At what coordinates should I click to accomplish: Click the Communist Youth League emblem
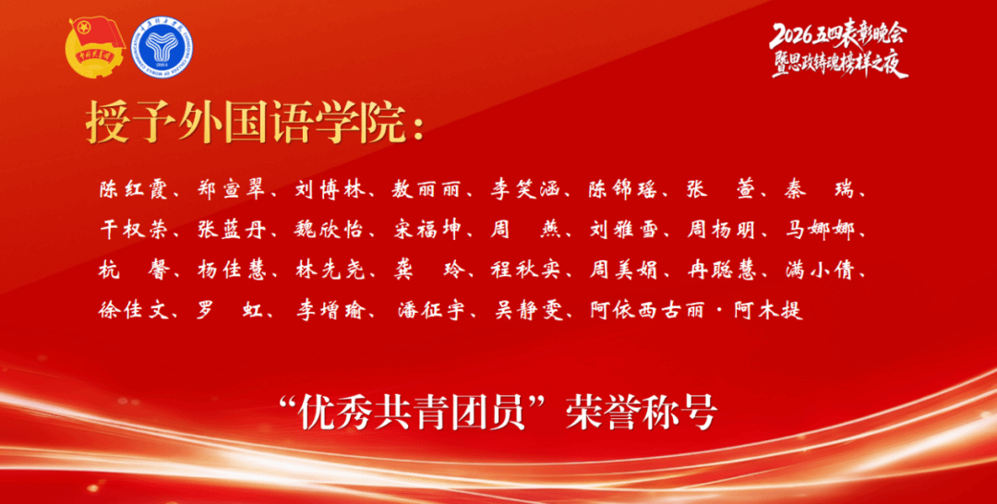(96, 48)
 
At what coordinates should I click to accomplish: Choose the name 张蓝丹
(232, 230)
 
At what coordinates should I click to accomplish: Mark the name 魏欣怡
(330, 230)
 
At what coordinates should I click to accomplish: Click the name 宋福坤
(428, 230)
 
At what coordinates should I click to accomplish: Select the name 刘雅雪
(623, 230)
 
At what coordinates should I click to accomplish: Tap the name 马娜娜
(819, 230)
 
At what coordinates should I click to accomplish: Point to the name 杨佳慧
(232, 270)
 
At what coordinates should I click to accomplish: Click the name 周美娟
(623, 270)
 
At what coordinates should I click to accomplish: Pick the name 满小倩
(819, 270)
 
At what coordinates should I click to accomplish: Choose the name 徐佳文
(134, 311)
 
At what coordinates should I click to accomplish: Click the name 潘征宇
(433, 311)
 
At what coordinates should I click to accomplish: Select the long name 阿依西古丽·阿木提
(698, 311)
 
